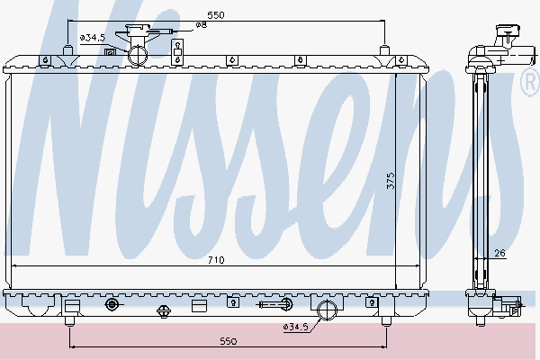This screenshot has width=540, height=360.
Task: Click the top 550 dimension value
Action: click(x=215, y=15)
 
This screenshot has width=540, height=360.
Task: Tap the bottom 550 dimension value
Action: click(x=227, y=342)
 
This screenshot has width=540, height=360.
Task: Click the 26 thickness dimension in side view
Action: click(x=499, y=253)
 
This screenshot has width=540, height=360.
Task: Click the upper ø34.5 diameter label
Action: click(x=93, y=37)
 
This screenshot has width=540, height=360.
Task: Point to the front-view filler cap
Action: click(x=139, y=35)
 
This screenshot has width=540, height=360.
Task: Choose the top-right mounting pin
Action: click(x=385, y=49)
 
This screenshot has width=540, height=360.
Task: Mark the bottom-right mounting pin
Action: click(x=385, y=319)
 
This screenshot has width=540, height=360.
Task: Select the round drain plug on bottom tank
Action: click(x=112, y=305)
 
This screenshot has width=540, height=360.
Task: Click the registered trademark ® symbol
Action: click(x=529, y=84)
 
